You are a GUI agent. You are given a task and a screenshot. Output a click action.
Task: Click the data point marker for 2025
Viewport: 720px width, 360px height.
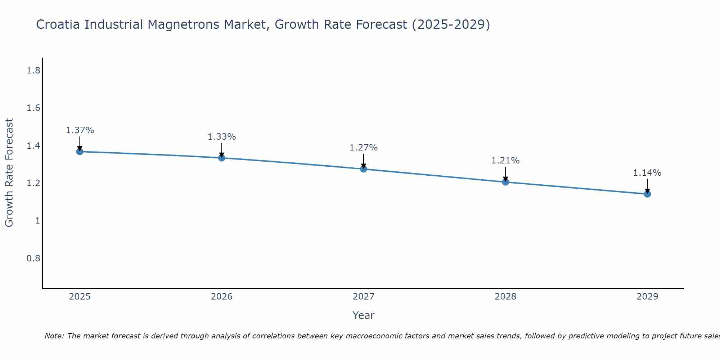pyautogui.click(x=80, y=152)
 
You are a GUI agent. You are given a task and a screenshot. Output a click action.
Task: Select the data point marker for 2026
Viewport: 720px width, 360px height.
pyautogui.click(x=221, y=158)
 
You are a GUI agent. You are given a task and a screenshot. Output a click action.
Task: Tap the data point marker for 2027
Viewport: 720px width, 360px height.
pyautogui.click(x=364, y=169)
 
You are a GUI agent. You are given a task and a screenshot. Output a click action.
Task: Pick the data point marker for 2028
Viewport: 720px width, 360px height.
pyautogui.click(x=505, y=182)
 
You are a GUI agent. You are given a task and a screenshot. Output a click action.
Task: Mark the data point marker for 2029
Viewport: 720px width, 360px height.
pyautogui.click(x=647, y=194)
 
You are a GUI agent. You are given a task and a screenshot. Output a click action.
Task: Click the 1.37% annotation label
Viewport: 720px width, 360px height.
pyautogui.click(x=80, y=130)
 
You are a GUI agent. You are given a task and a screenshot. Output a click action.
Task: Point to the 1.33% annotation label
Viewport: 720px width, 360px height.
pyautogui.click(x=221, y=137)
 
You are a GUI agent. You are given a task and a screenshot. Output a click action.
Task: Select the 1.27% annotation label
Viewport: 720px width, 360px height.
pyautogui.click(x=364, y=148)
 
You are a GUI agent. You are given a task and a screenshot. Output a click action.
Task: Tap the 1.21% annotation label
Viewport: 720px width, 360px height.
pyautogui.click(x=505, y=161)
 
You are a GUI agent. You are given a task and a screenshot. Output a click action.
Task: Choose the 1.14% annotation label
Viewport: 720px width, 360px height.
pyautogui.click(x=647, y=173)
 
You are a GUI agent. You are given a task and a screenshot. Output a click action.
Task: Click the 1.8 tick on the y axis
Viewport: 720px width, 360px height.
pyautogui.click(x=33, y=71)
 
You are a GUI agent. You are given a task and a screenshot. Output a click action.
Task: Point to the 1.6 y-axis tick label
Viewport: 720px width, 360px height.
pyautogui.click(x=33, y=108)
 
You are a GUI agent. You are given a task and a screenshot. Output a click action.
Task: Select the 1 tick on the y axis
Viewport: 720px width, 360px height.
pyautogui.click(x=37, y=221)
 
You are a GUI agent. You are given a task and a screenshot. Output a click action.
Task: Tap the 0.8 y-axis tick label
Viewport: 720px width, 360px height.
pyautogui.click(x=33, y=258)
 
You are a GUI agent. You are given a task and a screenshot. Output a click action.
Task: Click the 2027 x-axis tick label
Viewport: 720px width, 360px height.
pyautogui.click(x=364, y=297)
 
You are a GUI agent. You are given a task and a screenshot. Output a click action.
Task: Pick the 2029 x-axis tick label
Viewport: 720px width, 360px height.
pyautogui.click(x=647, y=297)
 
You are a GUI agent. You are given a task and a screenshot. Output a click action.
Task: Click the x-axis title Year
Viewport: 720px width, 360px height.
pyautogui.click(x=364, y=315)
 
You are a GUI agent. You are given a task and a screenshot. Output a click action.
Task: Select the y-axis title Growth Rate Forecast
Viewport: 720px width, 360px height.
pyautogui.click(x=9, y=173)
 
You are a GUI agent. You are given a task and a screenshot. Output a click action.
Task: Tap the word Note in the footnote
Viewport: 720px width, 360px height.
pyautogui.click(x=54, y=336)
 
